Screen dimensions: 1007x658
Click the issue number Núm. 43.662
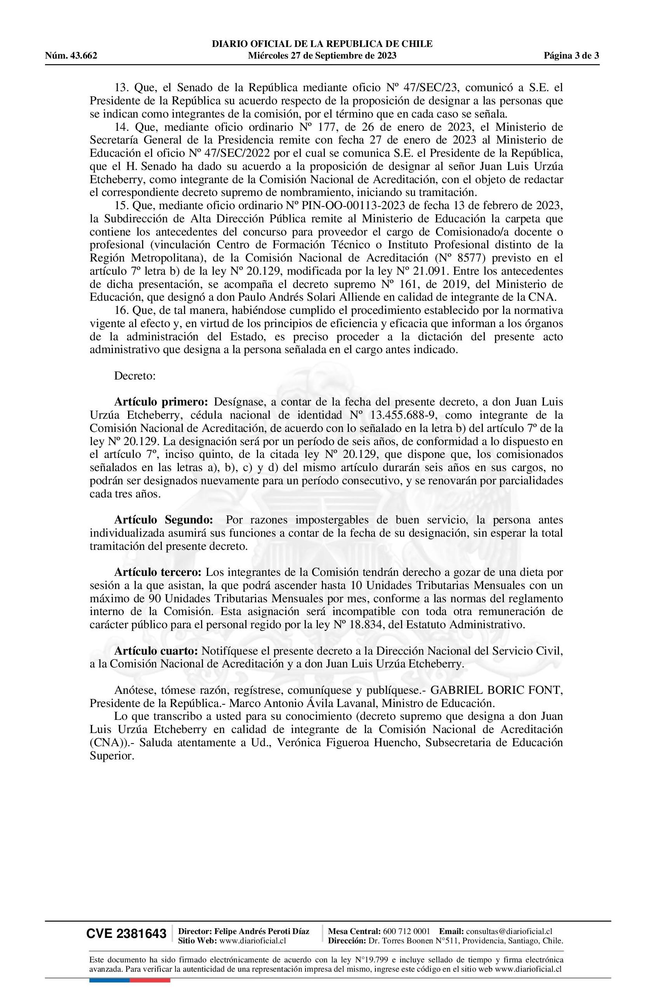(x=71, y=55)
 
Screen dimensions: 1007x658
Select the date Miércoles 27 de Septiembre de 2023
(x=322, y=55)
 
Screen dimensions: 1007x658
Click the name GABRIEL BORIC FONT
(x=497, y=690)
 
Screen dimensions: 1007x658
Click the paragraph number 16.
(x=122, y=310)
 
